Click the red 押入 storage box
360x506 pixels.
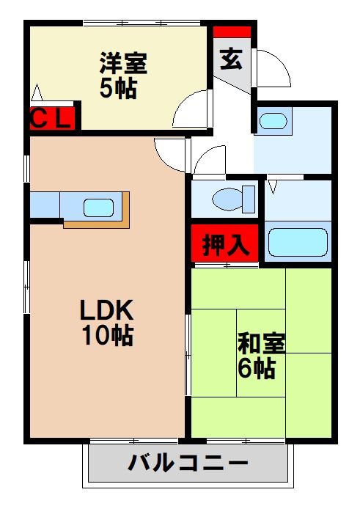pyautogui.click(x=225, y=243)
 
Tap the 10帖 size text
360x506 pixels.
pyautogui.click(x=108, y=336)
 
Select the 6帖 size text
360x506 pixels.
pyautogui.click(x=256, y=369)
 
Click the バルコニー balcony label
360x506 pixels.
pyautogui.click(x=188, y=463)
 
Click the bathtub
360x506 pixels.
pyautogui.click(x=297, y=241)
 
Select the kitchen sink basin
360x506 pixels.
pyautogui.click(x=98, y=208)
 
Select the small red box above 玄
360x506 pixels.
pyautogui.click(x=232, y=32)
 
